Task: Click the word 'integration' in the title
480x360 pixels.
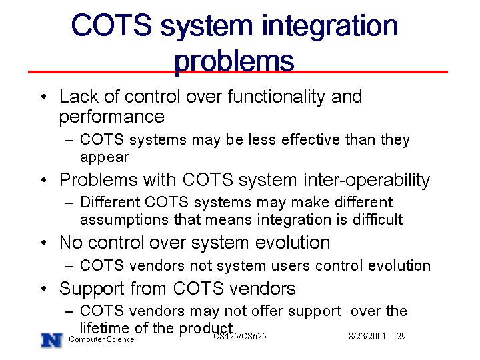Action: [x=330, y=27]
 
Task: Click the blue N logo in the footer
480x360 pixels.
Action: [x=52, y=340]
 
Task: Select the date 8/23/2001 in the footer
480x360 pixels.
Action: [x=367, y=336]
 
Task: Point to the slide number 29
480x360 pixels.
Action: [x=401, y=336]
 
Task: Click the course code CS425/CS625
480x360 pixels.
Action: [x=240, y=337]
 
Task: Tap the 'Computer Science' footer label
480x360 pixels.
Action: [x=101, y=339]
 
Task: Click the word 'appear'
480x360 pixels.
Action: [x=105, y=158]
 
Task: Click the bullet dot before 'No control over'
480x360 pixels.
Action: [x=44, y=243]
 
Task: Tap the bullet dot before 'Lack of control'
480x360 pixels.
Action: [x=44, y=97]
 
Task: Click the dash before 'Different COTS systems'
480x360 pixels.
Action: [x=69, y=203]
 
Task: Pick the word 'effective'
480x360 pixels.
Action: [x=311, y=140]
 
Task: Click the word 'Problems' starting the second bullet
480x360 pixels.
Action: [x=99, y=179]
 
